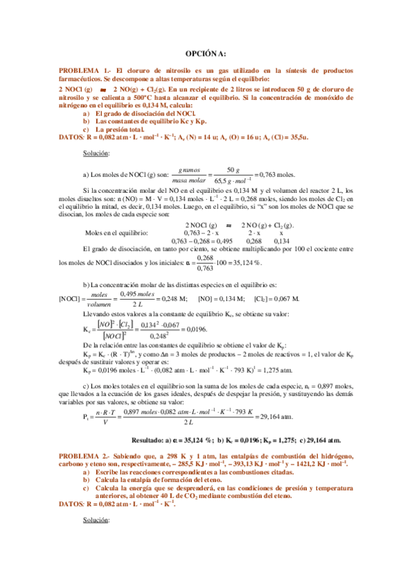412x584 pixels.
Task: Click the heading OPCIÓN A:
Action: click(206, 55)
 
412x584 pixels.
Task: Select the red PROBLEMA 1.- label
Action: click(83, 72)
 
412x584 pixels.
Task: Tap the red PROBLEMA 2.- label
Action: click(83, 457)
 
